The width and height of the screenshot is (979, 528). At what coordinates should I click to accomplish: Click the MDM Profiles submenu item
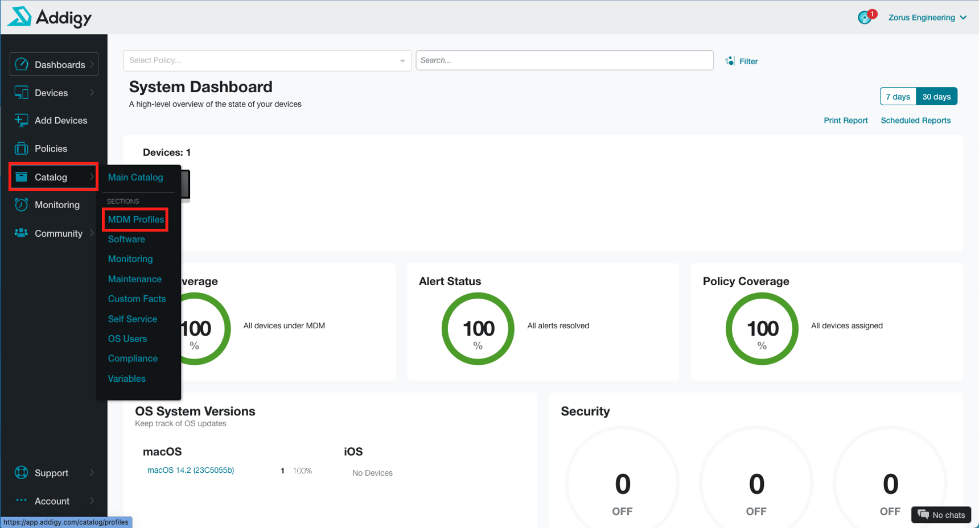(135, 220)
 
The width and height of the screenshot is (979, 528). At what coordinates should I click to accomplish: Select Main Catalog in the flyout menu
(135, 178)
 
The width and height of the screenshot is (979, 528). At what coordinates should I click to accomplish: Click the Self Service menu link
(133, 319)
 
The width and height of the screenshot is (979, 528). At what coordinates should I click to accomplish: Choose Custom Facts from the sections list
(137, 299)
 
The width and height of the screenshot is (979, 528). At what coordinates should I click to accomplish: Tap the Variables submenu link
(127, 379)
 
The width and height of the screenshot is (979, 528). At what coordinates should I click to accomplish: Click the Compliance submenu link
(133, 359)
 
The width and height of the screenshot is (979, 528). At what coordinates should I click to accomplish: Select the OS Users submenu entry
(127, 339)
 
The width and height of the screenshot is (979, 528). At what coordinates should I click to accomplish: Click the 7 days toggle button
(898, 97)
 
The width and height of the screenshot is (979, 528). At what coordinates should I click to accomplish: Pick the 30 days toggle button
(936, 97)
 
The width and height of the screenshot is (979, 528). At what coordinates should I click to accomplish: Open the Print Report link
(845, 121)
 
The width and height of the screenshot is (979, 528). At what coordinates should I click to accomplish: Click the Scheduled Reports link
(915, 121)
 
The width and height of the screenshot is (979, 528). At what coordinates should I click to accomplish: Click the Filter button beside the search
(742, 61)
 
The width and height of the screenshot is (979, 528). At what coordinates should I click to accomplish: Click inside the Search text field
(564, 60)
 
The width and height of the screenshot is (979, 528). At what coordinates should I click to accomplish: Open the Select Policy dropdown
(267, 60)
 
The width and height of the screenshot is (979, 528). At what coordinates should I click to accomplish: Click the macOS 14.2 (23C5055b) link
(191, 471)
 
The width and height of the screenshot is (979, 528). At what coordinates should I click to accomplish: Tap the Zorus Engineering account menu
(927, 18)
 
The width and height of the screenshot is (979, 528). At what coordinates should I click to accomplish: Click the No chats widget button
(941, 515)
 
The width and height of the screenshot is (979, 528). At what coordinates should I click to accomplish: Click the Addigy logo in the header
(50, 17)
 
